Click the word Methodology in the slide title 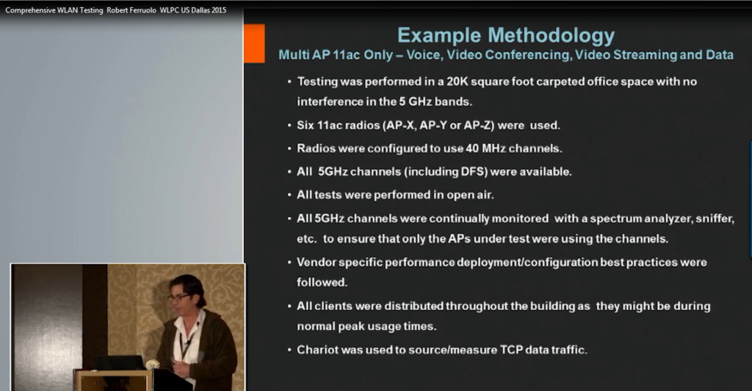coord(551,36)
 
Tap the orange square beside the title coord(254,43)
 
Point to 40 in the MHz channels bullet coord(472,148)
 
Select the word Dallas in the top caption coord(200,10)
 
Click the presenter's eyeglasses coord(178,298)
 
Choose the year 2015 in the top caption coord(219,10)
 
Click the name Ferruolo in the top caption coord(142,10)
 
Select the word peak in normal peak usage coord(364,327)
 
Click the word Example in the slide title coord(439,36)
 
